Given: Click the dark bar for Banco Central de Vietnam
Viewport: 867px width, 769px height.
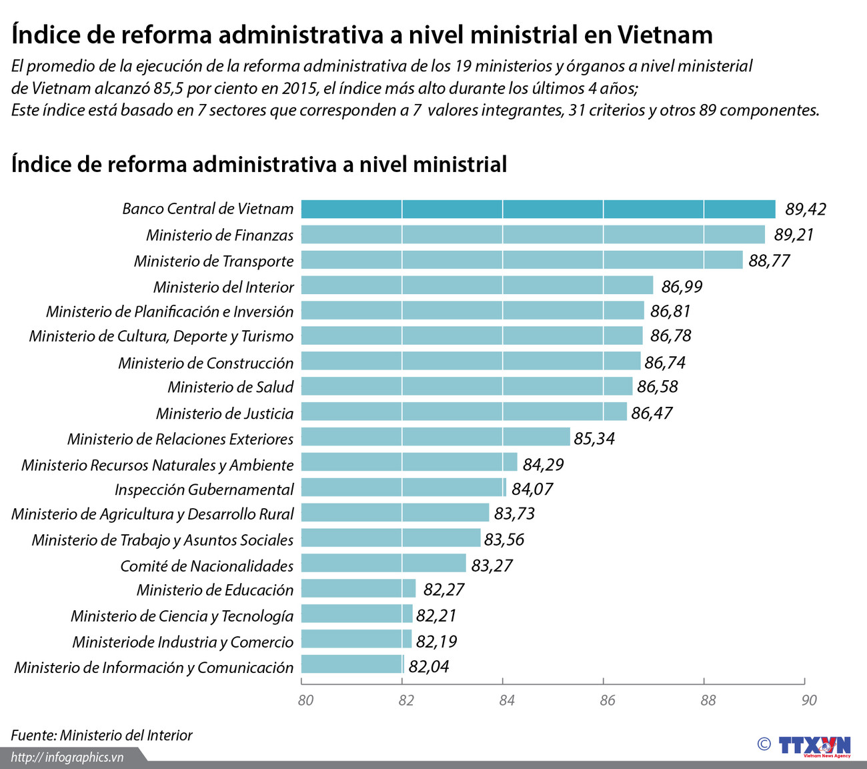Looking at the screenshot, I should click(x=538, y=209).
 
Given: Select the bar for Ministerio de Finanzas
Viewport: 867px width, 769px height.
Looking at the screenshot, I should click(x=532, y=234).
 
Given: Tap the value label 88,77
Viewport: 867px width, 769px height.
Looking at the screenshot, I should click(x=768, y=260).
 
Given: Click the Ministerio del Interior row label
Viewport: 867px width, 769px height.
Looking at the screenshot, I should click(x=223, y=287).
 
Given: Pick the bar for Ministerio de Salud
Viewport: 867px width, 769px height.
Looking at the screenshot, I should click(x=466, y=386).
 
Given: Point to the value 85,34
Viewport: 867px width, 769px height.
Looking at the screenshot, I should click(x=594, y=438).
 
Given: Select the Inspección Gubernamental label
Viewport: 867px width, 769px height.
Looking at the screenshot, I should click(x=203, y=490).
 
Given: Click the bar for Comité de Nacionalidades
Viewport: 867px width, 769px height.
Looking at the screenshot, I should click(x=383, y=564).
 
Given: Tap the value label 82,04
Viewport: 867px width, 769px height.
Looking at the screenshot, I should click(x=428, y=666).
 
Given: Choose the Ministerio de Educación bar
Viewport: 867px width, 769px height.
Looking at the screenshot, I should click(x=358, y=589).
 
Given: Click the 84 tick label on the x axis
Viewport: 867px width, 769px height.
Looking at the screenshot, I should click(x=506, y=700).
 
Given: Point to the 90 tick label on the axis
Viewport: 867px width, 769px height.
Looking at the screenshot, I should click(x=808, y=700).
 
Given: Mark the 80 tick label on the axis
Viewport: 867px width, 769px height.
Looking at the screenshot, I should click(x=305, y=700).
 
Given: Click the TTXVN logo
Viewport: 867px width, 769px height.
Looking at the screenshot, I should click(x=814, y=745).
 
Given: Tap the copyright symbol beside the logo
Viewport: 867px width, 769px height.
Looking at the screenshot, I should click(x=764, y=744).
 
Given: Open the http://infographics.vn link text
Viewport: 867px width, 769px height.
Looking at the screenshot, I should click(x=67, y=757).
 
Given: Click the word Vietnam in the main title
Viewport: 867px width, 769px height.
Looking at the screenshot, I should click(x=664, y=34).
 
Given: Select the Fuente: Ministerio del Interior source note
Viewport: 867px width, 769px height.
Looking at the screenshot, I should click(x=101, y=735).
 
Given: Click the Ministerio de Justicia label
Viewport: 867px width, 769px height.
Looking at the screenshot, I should click(x=224, y=414).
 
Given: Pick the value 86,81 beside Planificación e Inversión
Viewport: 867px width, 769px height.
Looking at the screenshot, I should click(x=670, y=311).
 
